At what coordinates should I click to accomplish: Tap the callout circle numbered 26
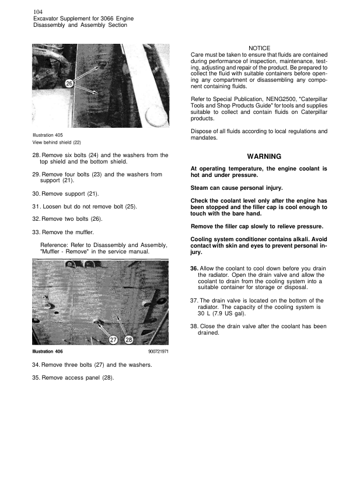point(69,84)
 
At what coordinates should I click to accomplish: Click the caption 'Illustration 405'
point(48,135)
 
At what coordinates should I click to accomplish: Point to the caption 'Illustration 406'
point(48,352)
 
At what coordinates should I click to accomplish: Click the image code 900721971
point(157,352)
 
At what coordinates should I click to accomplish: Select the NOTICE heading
point(259,47)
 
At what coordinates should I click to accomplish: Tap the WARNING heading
point(264,156)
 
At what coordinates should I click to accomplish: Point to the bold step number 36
point(194,268)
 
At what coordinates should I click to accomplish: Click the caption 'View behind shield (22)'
point(57,142)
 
